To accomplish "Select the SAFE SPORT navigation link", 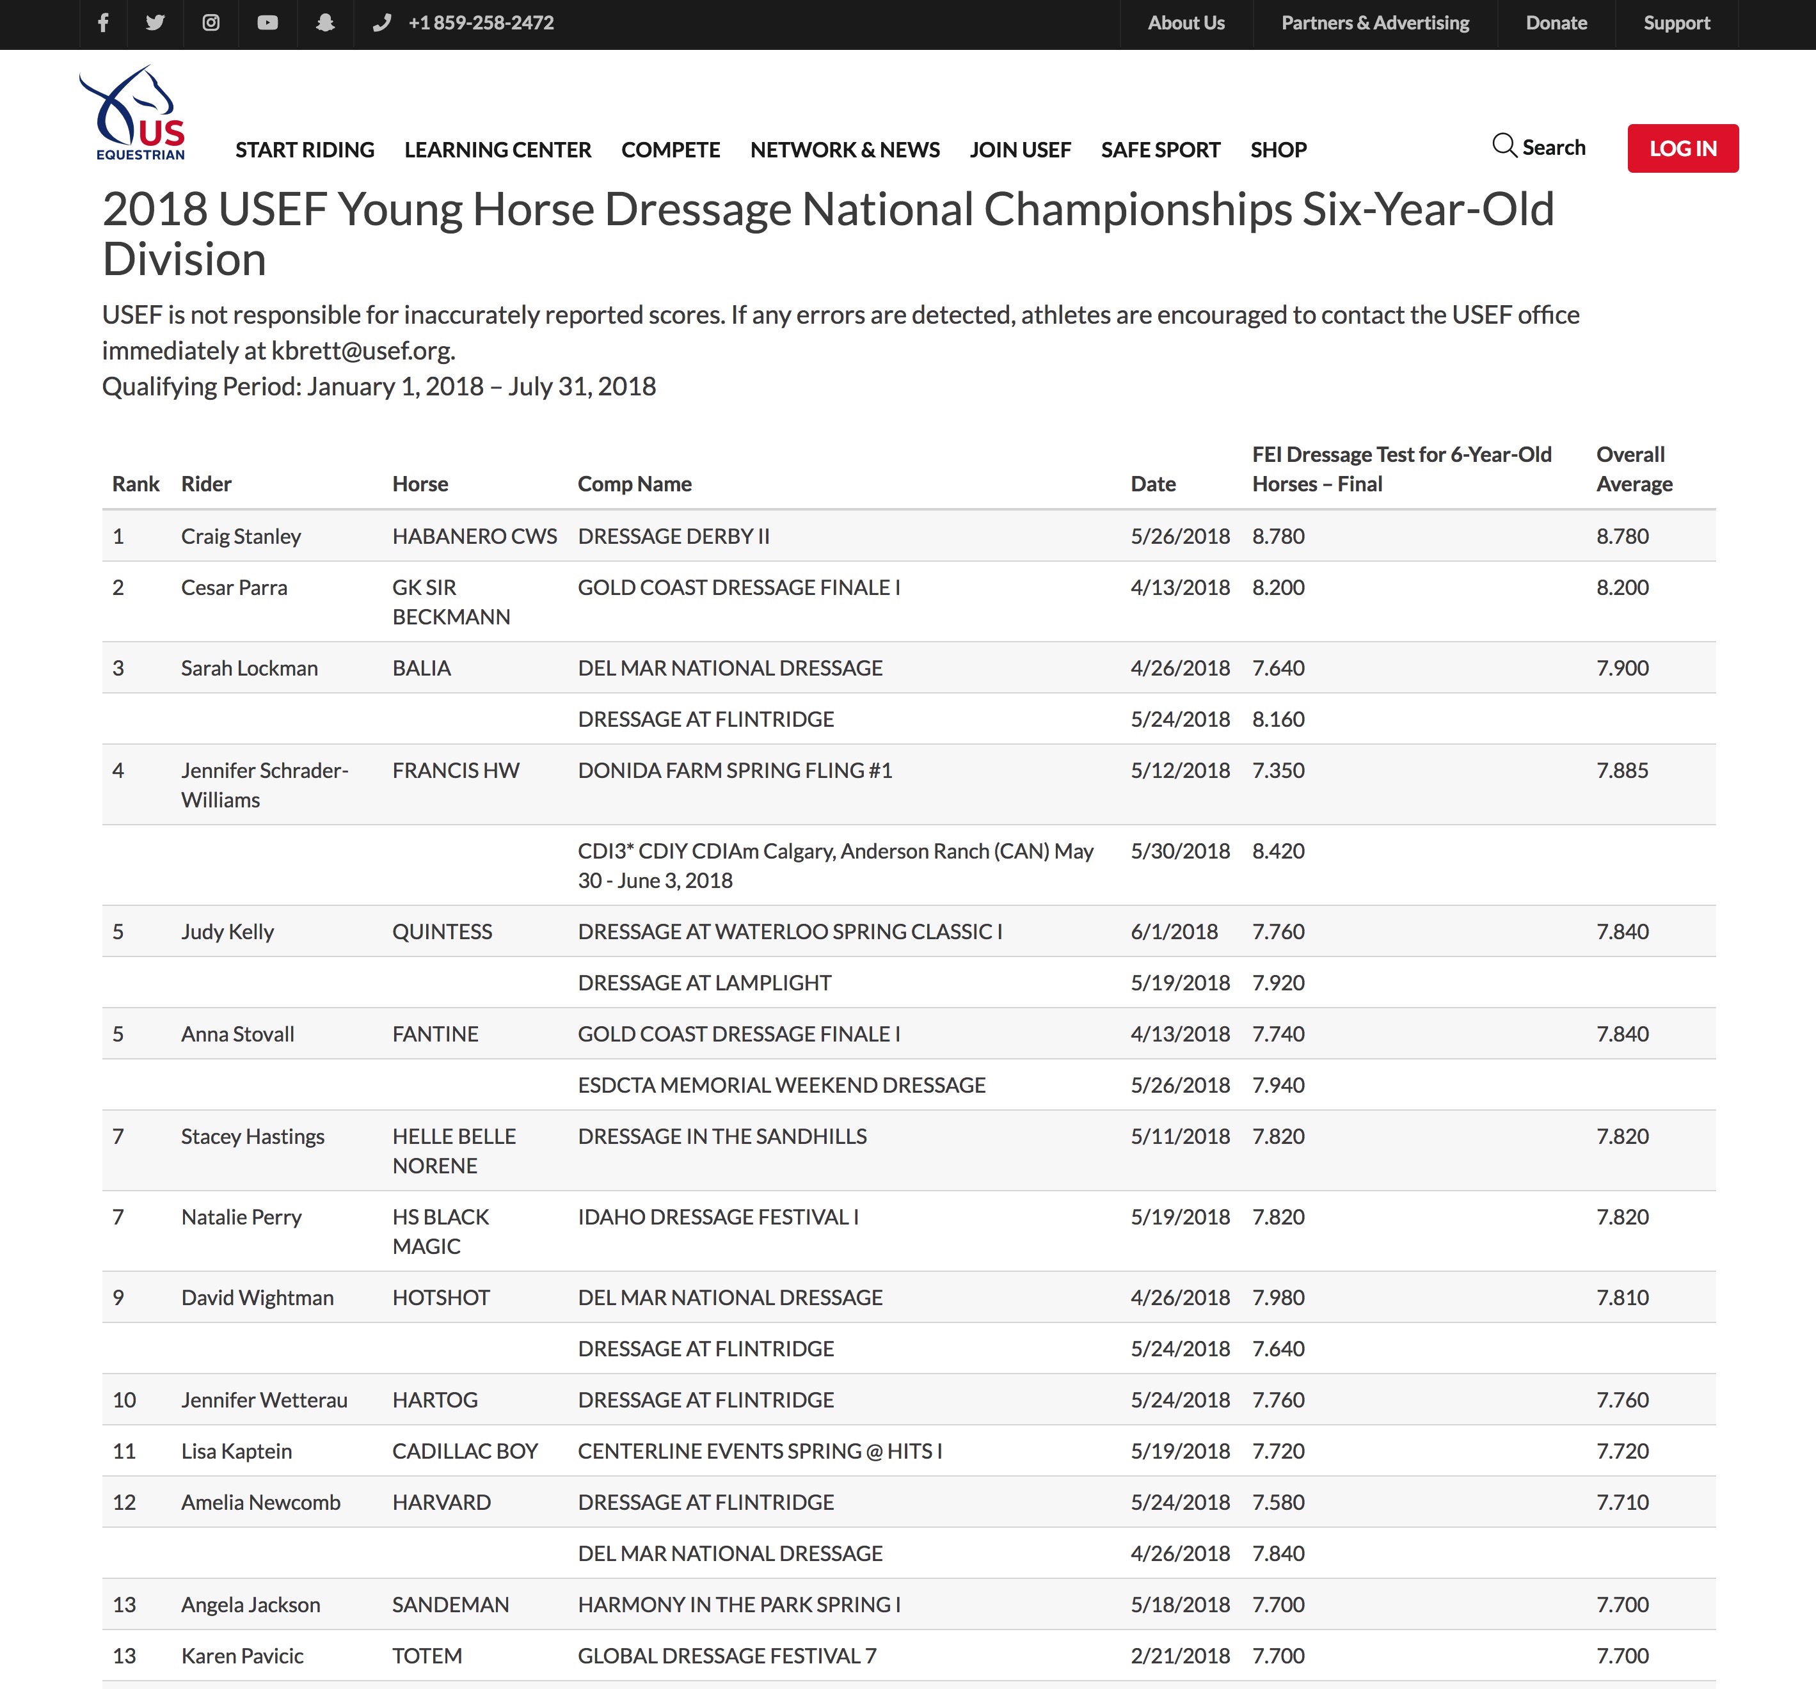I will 1159,150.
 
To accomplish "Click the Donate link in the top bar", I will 1556,24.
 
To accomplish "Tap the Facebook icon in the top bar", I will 103,24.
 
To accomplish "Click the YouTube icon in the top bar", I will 267,24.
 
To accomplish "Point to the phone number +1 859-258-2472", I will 481,24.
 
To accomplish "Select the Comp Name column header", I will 634,484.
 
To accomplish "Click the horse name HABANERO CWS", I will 474,536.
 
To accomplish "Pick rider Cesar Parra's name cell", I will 234,587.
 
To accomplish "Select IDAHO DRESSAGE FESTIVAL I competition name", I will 718,1217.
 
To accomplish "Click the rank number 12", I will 124,1503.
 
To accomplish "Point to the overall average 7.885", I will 1621,771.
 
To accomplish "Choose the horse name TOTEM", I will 427,1656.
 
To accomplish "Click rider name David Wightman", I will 257,1298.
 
